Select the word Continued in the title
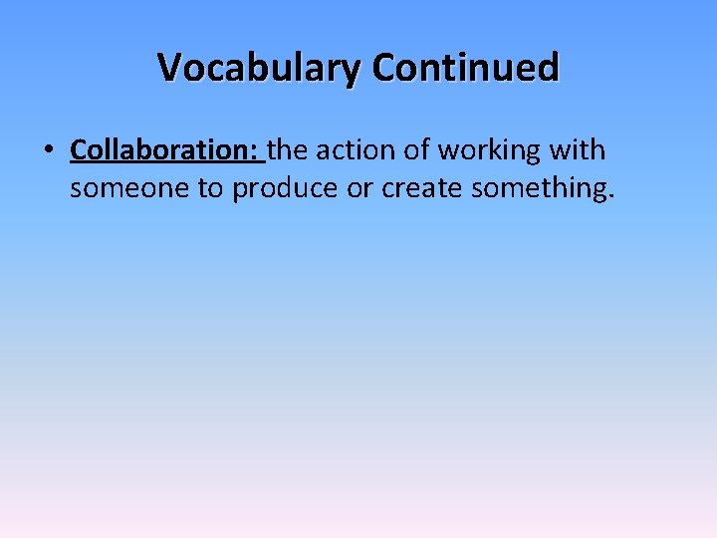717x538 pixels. [466, 68]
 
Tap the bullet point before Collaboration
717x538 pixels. [48, 151]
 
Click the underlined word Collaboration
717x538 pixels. [159, 150]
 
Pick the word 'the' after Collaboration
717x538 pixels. [288, 150]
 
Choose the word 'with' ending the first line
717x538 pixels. [580, 150]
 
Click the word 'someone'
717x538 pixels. [128, 188]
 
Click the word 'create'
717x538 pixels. [420, 188]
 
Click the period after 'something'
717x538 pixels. [609, 196]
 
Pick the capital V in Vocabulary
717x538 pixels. [169, 68]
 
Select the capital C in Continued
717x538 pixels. [383, 68]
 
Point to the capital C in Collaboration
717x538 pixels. [78, 150]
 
